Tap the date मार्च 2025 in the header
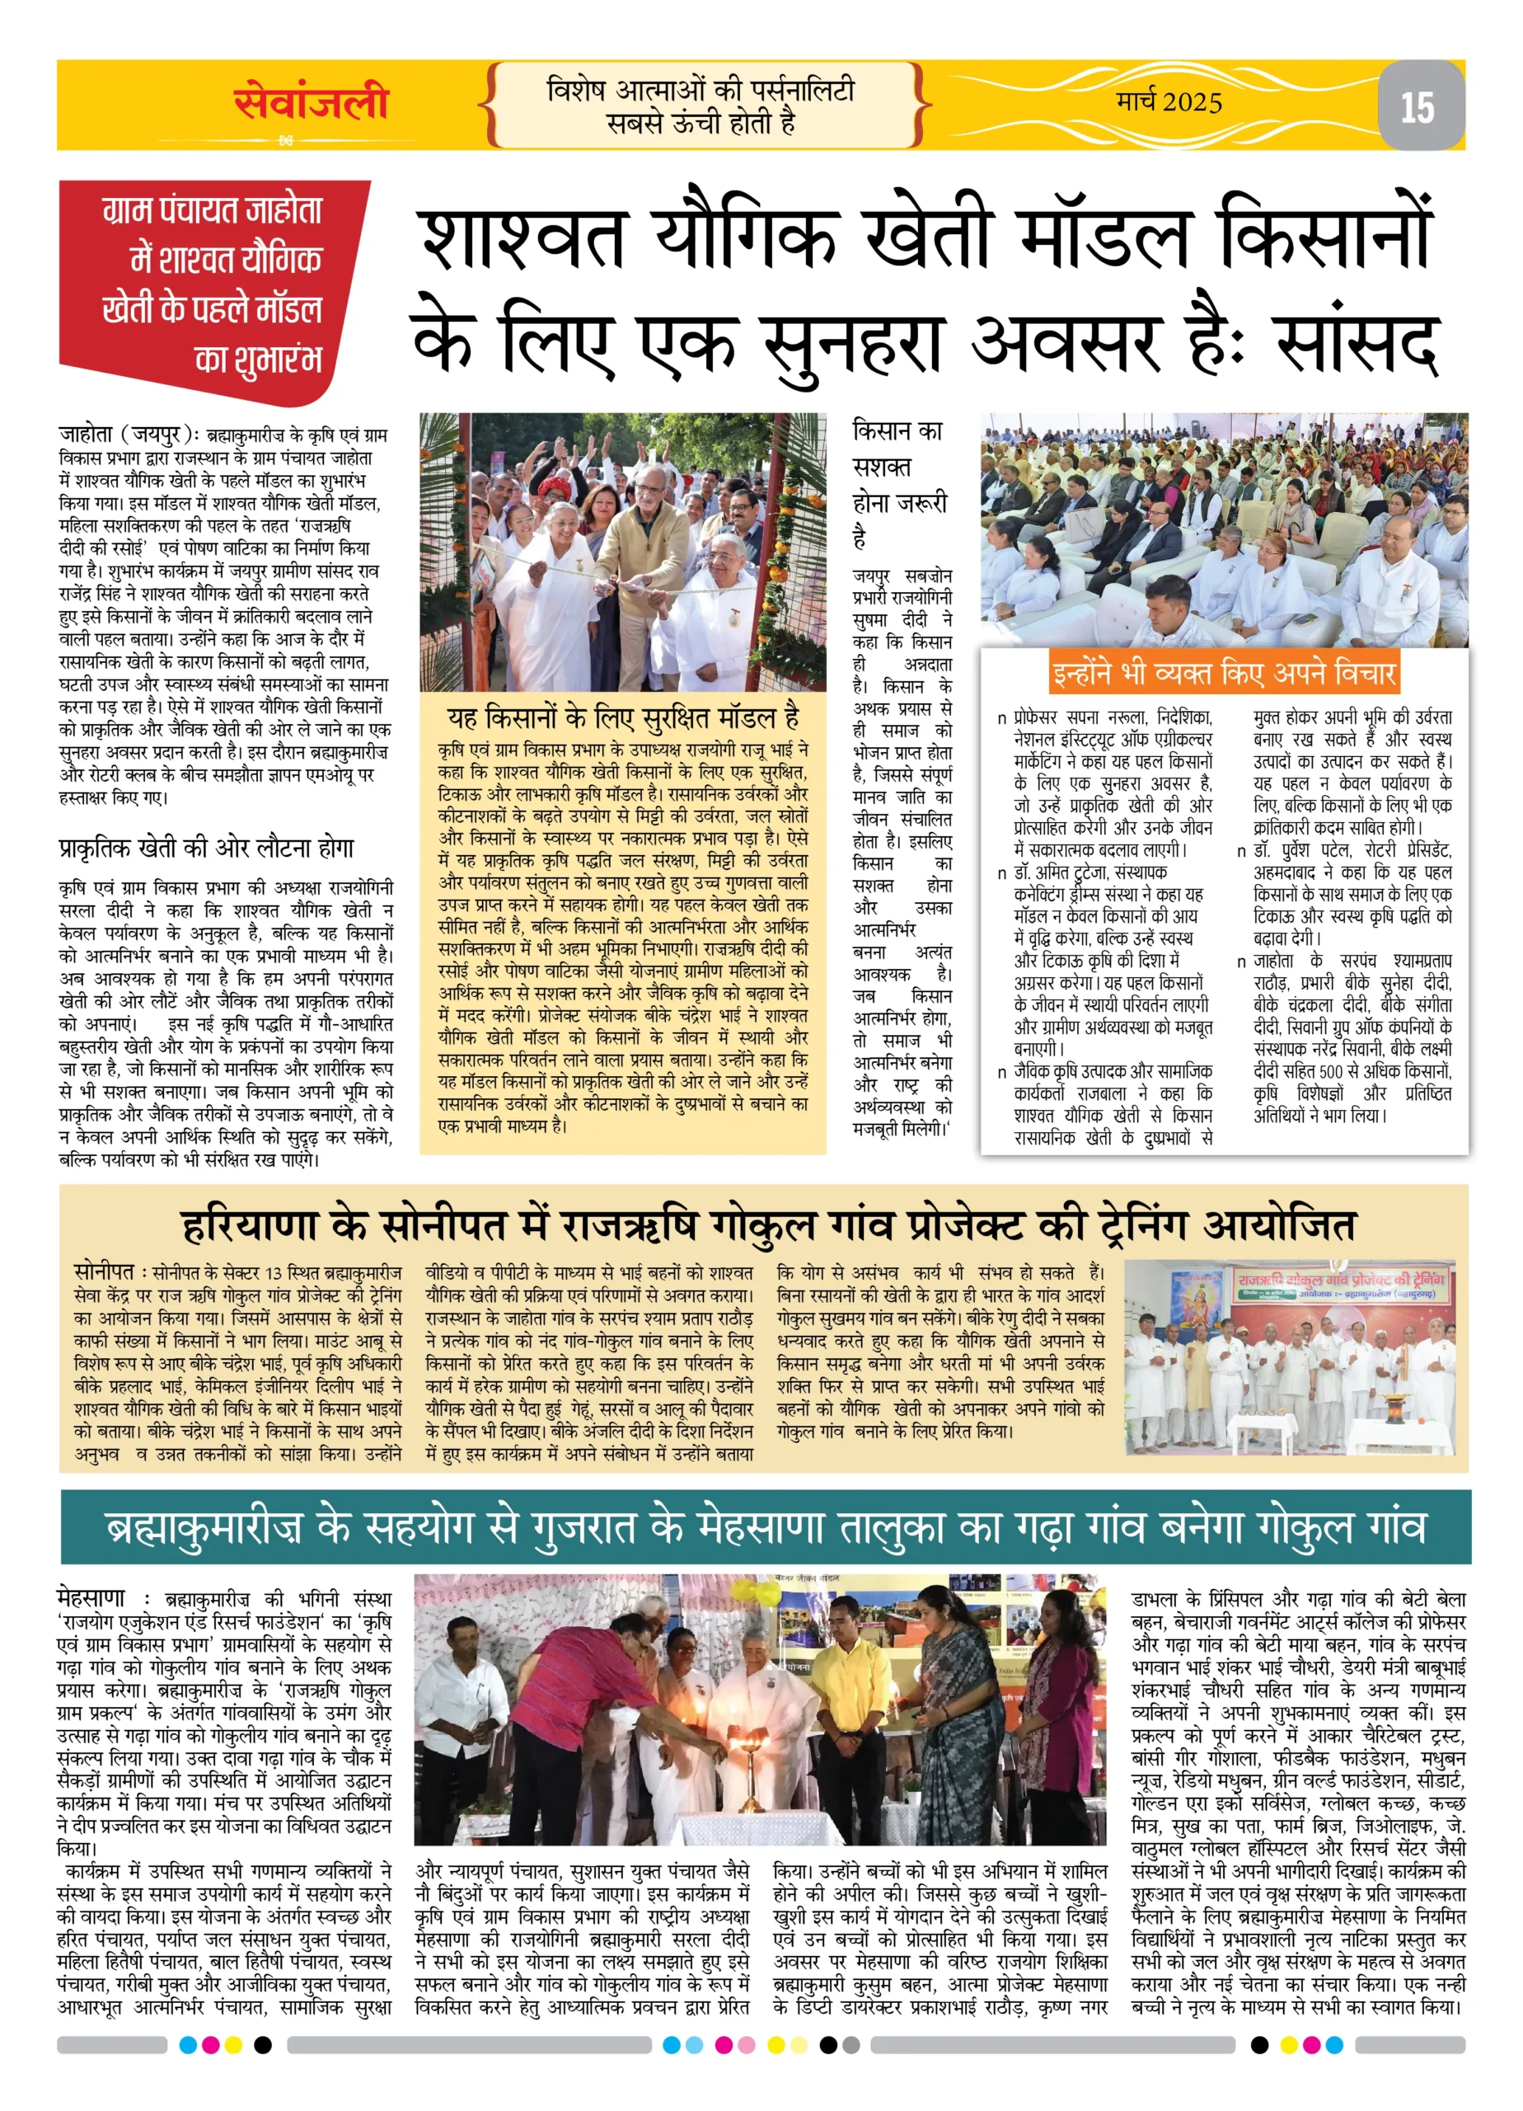[x=1169, y=101]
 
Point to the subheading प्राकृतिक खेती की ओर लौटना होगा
[x=207, y=848]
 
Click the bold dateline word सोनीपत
[x=103, y=1272]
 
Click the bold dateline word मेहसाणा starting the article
[x=91, y=1597]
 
